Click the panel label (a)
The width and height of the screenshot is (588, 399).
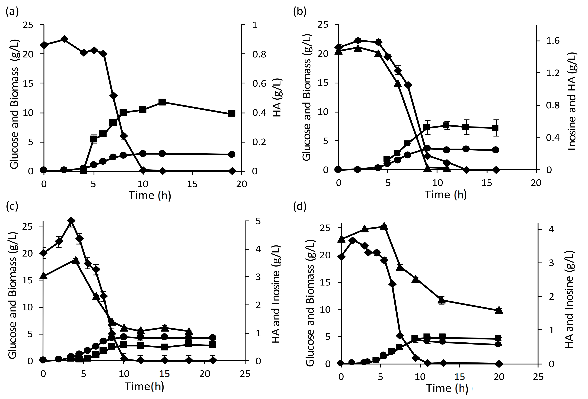(12, 12)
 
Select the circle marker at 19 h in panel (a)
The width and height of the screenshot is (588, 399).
(232, 154)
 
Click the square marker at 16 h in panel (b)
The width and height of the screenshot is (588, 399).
(496, 128)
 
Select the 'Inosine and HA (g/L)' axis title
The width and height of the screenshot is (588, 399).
(572, 101)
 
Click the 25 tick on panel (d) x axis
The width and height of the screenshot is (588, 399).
(538, 377)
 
